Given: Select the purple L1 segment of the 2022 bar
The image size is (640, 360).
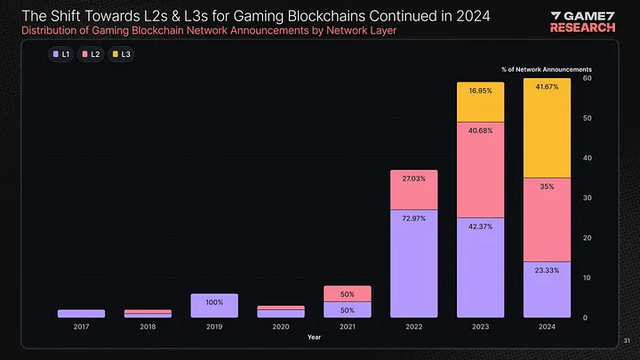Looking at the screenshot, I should pos(413,264).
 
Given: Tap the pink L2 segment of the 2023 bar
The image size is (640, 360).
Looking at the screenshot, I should pos(480,170).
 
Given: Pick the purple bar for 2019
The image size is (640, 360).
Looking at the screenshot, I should pos(214,306).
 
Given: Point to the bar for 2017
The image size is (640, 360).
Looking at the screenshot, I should pos(81,314).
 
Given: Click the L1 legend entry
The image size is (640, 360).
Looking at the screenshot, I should pos(62,54).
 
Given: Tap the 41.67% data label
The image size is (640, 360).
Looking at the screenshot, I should pos(547,87).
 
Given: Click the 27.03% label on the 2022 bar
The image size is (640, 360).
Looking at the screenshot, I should pos(413,178).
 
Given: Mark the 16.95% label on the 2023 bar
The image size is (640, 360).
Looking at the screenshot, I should pos(480,91).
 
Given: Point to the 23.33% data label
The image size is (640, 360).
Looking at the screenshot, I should pos(547,270).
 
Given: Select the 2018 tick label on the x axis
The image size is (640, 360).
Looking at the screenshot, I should pos(148,327).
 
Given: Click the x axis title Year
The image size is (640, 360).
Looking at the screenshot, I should pos(314,337).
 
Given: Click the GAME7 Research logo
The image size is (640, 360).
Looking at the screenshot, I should pos(582,21).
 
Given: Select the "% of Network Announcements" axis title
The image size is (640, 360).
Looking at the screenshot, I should pos(547,68).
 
